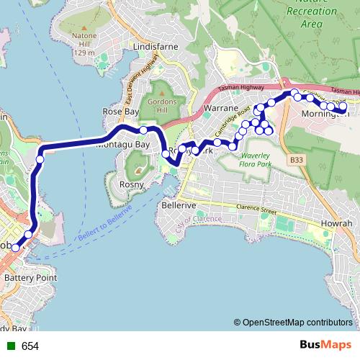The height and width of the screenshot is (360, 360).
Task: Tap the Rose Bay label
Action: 121,112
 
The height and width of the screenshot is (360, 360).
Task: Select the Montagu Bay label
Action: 122,144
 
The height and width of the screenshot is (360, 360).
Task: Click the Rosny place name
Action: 132,184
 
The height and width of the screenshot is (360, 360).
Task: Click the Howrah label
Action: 336,224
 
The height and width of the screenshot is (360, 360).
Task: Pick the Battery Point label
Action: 30,277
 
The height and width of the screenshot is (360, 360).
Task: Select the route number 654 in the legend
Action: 30,346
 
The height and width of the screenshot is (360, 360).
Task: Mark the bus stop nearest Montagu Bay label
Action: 143,130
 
